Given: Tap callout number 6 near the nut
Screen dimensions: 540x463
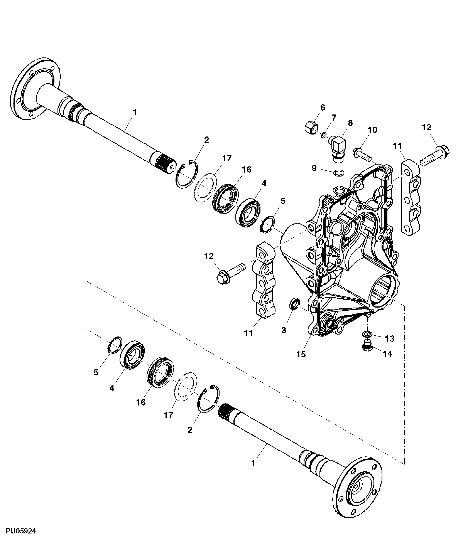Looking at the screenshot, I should click(x=323, y=108).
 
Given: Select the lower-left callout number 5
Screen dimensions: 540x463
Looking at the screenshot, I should click(x=96, y=373).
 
